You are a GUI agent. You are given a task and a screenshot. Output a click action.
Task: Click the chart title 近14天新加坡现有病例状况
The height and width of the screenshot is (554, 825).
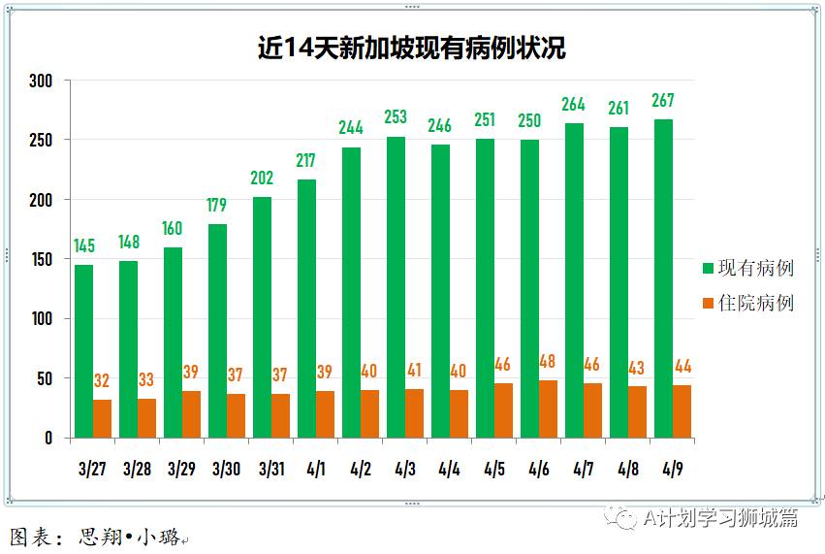411,48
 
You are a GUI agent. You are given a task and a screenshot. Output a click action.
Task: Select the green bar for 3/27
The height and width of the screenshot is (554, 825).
84,351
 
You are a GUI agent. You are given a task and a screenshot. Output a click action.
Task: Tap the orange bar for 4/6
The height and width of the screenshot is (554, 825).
548,408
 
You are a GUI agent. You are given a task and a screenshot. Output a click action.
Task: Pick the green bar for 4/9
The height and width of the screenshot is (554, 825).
663,278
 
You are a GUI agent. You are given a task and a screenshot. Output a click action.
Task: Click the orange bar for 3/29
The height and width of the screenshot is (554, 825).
191,414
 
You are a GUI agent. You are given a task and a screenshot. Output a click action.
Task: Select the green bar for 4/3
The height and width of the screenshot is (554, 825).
396,287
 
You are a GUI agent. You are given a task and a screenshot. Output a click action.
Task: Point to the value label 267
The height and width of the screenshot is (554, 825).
663,101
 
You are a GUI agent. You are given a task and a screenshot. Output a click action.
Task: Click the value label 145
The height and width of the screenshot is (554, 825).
84,246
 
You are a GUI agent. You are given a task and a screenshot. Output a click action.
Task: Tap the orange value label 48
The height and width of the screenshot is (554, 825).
548,362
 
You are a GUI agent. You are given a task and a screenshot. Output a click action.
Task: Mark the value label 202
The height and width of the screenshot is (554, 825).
262,179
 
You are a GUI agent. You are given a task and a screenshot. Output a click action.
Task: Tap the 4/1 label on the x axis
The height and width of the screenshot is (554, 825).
315,470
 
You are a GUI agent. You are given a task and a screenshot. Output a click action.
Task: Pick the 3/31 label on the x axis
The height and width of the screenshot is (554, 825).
270,470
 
